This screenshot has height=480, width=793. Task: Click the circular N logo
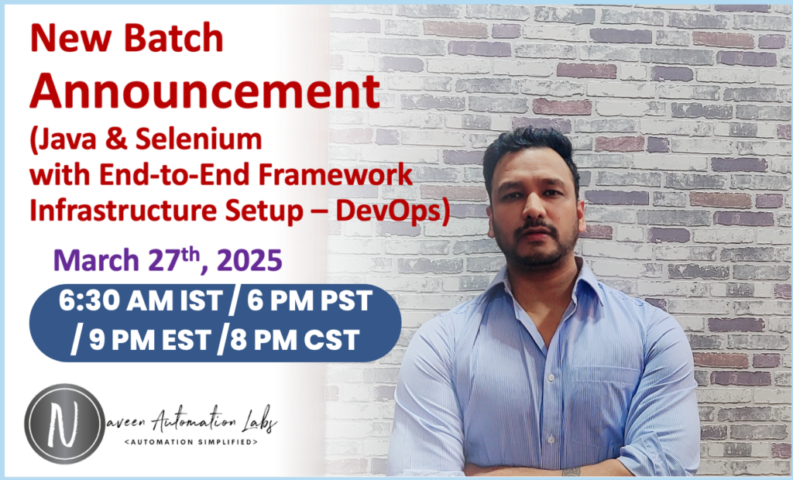coord(64,424)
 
